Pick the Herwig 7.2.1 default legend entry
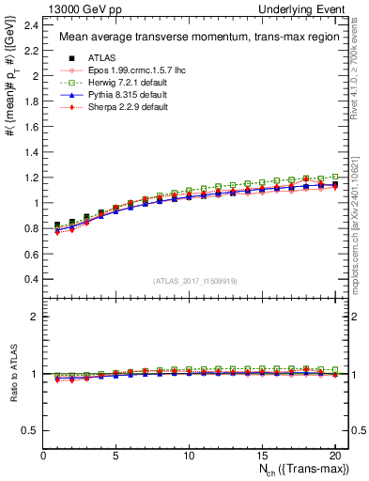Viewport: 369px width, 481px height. coord(112,83)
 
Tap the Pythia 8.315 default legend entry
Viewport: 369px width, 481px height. coord(111,95)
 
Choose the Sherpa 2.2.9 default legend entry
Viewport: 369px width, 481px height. coord(112,107)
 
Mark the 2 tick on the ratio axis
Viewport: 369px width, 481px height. coord(36,317)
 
